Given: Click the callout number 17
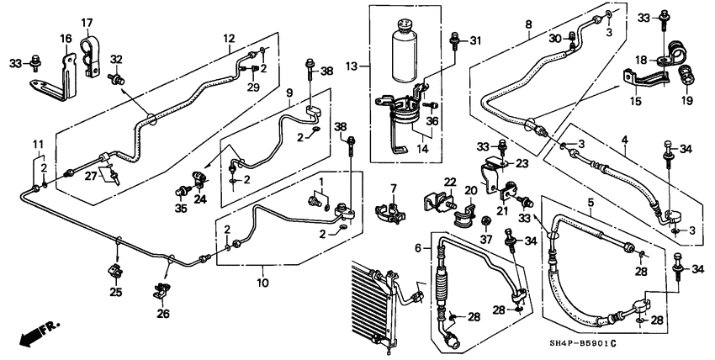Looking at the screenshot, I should [x=87, y=22].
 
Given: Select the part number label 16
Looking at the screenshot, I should [x=66, y=39].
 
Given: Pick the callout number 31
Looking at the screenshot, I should [x=475, y=41].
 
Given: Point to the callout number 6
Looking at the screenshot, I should [x=417, y=248].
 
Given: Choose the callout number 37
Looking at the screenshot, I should [x=485, y=240].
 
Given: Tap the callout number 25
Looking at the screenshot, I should [x=116, y=293].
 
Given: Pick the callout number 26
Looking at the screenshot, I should [x=162, y=314].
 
